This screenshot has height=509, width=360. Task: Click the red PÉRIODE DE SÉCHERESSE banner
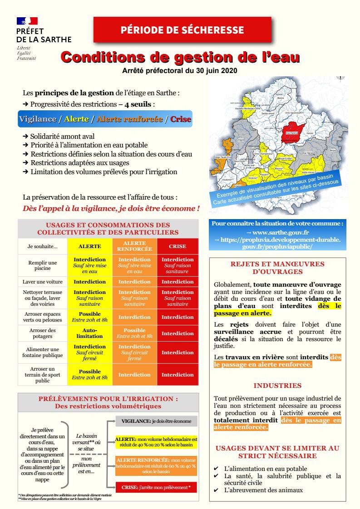click(182, 30)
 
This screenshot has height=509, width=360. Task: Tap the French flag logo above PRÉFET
click(27, 21)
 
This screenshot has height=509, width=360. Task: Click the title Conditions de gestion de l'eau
click(180, 58)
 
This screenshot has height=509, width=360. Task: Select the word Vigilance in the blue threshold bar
click(37, 119)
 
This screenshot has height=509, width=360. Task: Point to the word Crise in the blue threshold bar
click(181, 119)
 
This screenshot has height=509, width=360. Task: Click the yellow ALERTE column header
click(90, 246)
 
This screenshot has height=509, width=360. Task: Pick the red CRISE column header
click(178, 246)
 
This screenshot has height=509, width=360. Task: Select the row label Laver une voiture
click(42, 282)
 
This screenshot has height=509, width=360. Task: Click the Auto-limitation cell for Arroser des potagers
click(90, 333)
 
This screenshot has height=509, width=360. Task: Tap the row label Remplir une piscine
click(42, 265)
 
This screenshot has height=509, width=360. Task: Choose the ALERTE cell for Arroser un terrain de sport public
click(90, 375)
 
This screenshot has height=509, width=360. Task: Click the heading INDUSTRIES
click(277, 386)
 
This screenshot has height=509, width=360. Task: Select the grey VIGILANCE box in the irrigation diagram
click(156, 421)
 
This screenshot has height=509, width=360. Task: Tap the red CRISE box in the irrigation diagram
click(156, 487)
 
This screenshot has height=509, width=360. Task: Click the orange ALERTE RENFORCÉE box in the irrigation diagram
click(156, 466)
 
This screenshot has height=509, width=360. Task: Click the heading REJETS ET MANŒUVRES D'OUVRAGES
click(277, 268)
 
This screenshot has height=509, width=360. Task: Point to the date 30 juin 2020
click(216, 71)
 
